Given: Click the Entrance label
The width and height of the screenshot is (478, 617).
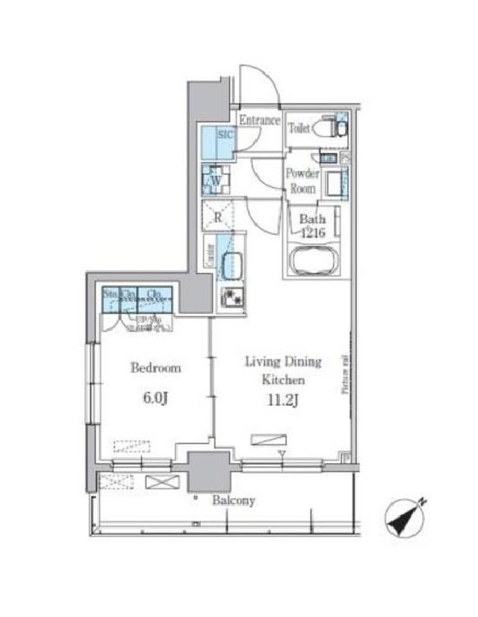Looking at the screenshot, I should (x=259, y=120).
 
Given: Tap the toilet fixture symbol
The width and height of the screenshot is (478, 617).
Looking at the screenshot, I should (x=330, y=128).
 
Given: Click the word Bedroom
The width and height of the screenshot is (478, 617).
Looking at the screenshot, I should (x=156, y=368).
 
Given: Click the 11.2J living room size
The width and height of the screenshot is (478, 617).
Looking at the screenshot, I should (x=282, y=402).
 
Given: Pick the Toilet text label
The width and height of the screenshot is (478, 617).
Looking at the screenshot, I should (x=299, y=128).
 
